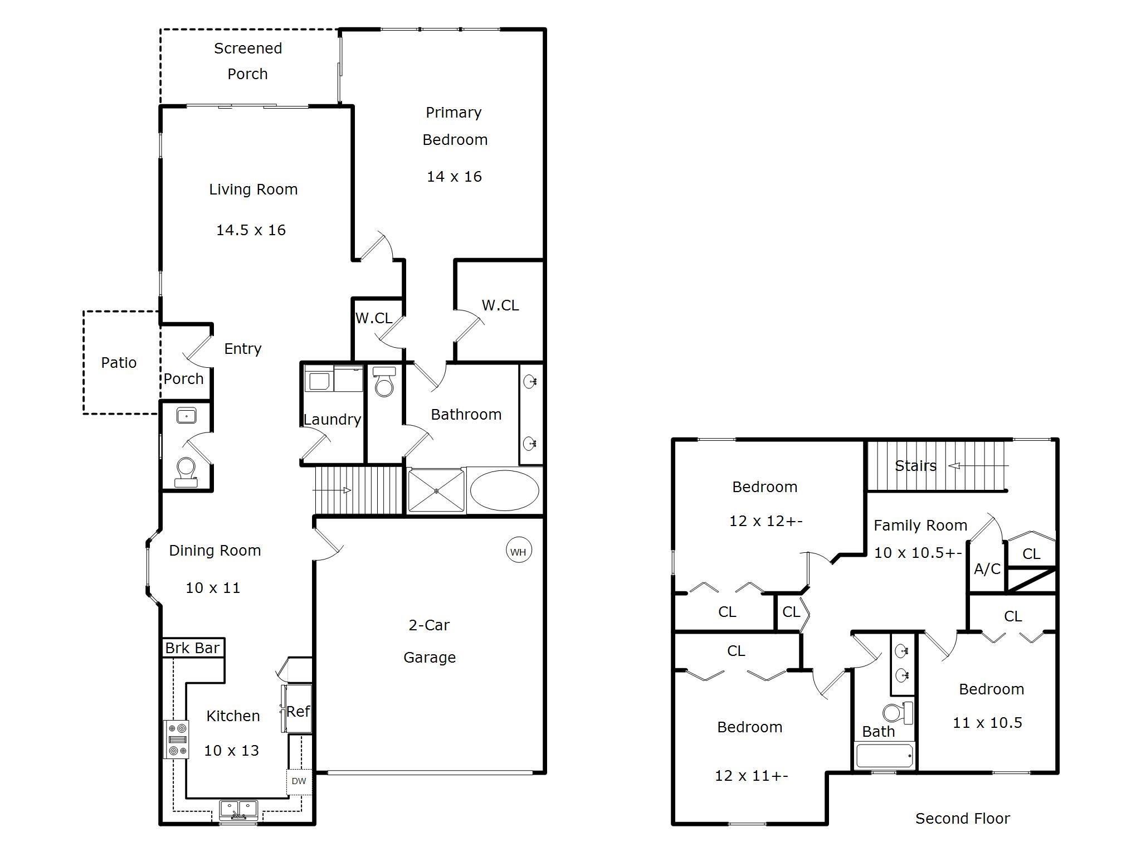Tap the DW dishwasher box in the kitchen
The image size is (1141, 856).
click(299, 781)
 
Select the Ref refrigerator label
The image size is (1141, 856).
click(298, 711)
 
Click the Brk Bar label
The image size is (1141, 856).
click(192, 648)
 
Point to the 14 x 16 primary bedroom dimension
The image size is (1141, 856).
click(454, 177)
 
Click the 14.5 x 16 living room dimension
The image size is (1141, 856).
click(251, 230)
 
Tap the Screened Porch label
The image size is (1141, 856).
click(248, 61)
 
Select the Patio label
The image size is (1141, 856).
click(119, 363)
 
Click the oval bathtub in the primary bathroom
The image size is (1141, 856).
click(504, 490)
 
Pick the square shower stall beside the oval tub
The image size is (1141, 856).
click(436, 490)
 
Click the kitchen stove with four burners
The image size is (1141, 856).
click(176, 740)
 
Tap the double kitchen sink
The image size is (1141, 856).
click(238, 809)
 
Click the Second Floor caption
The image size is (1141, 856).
click(963, 818)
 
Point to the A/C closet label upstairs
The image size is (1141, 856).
click(987, 569)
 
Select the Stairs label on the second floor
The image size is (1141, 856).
click(915, 466)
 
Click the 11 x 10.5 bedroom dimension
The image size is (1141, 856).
click(987, 723)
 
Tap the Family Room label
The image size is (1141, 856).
click(920, 526)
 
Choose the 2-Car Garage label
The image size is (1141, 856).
click(430, 641)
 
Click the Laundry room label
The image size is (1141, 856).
click(332, 420)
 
